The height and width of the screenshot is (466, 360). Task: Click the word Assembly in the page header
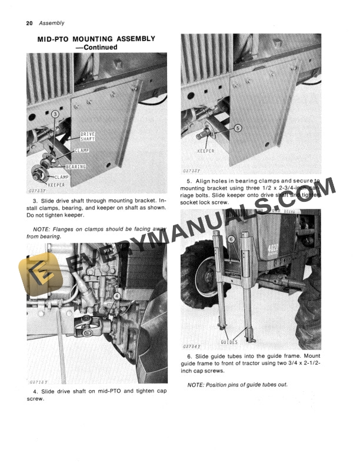pos(51,24)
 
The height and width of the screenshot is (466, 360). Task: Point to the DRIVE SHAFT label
pos(88,137)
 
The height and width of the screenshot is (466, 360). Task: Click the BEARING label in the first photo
pos(75,167)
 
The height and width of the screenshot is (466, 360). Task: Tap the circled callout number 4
pos(116,297)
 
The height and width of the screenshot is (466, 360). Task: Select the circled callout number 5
pos(238,128)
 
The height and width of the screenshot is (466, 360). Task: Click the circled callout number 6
pos(231,239)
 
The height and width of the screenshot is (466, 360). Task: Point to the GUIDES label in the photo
pos(229,341)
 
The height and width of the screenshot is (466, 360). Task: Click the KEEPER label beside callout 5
pos(206,151)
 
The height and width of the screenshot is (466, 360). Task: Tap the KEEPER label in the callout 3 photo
pos(56,185)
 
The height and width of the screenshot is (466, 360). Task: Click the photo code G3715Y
pos(38,381)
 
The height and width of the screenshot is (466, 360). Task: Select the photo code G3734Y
pos(192,347)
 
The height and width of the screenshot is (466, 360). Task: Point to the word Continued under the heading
pos(101,47)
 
